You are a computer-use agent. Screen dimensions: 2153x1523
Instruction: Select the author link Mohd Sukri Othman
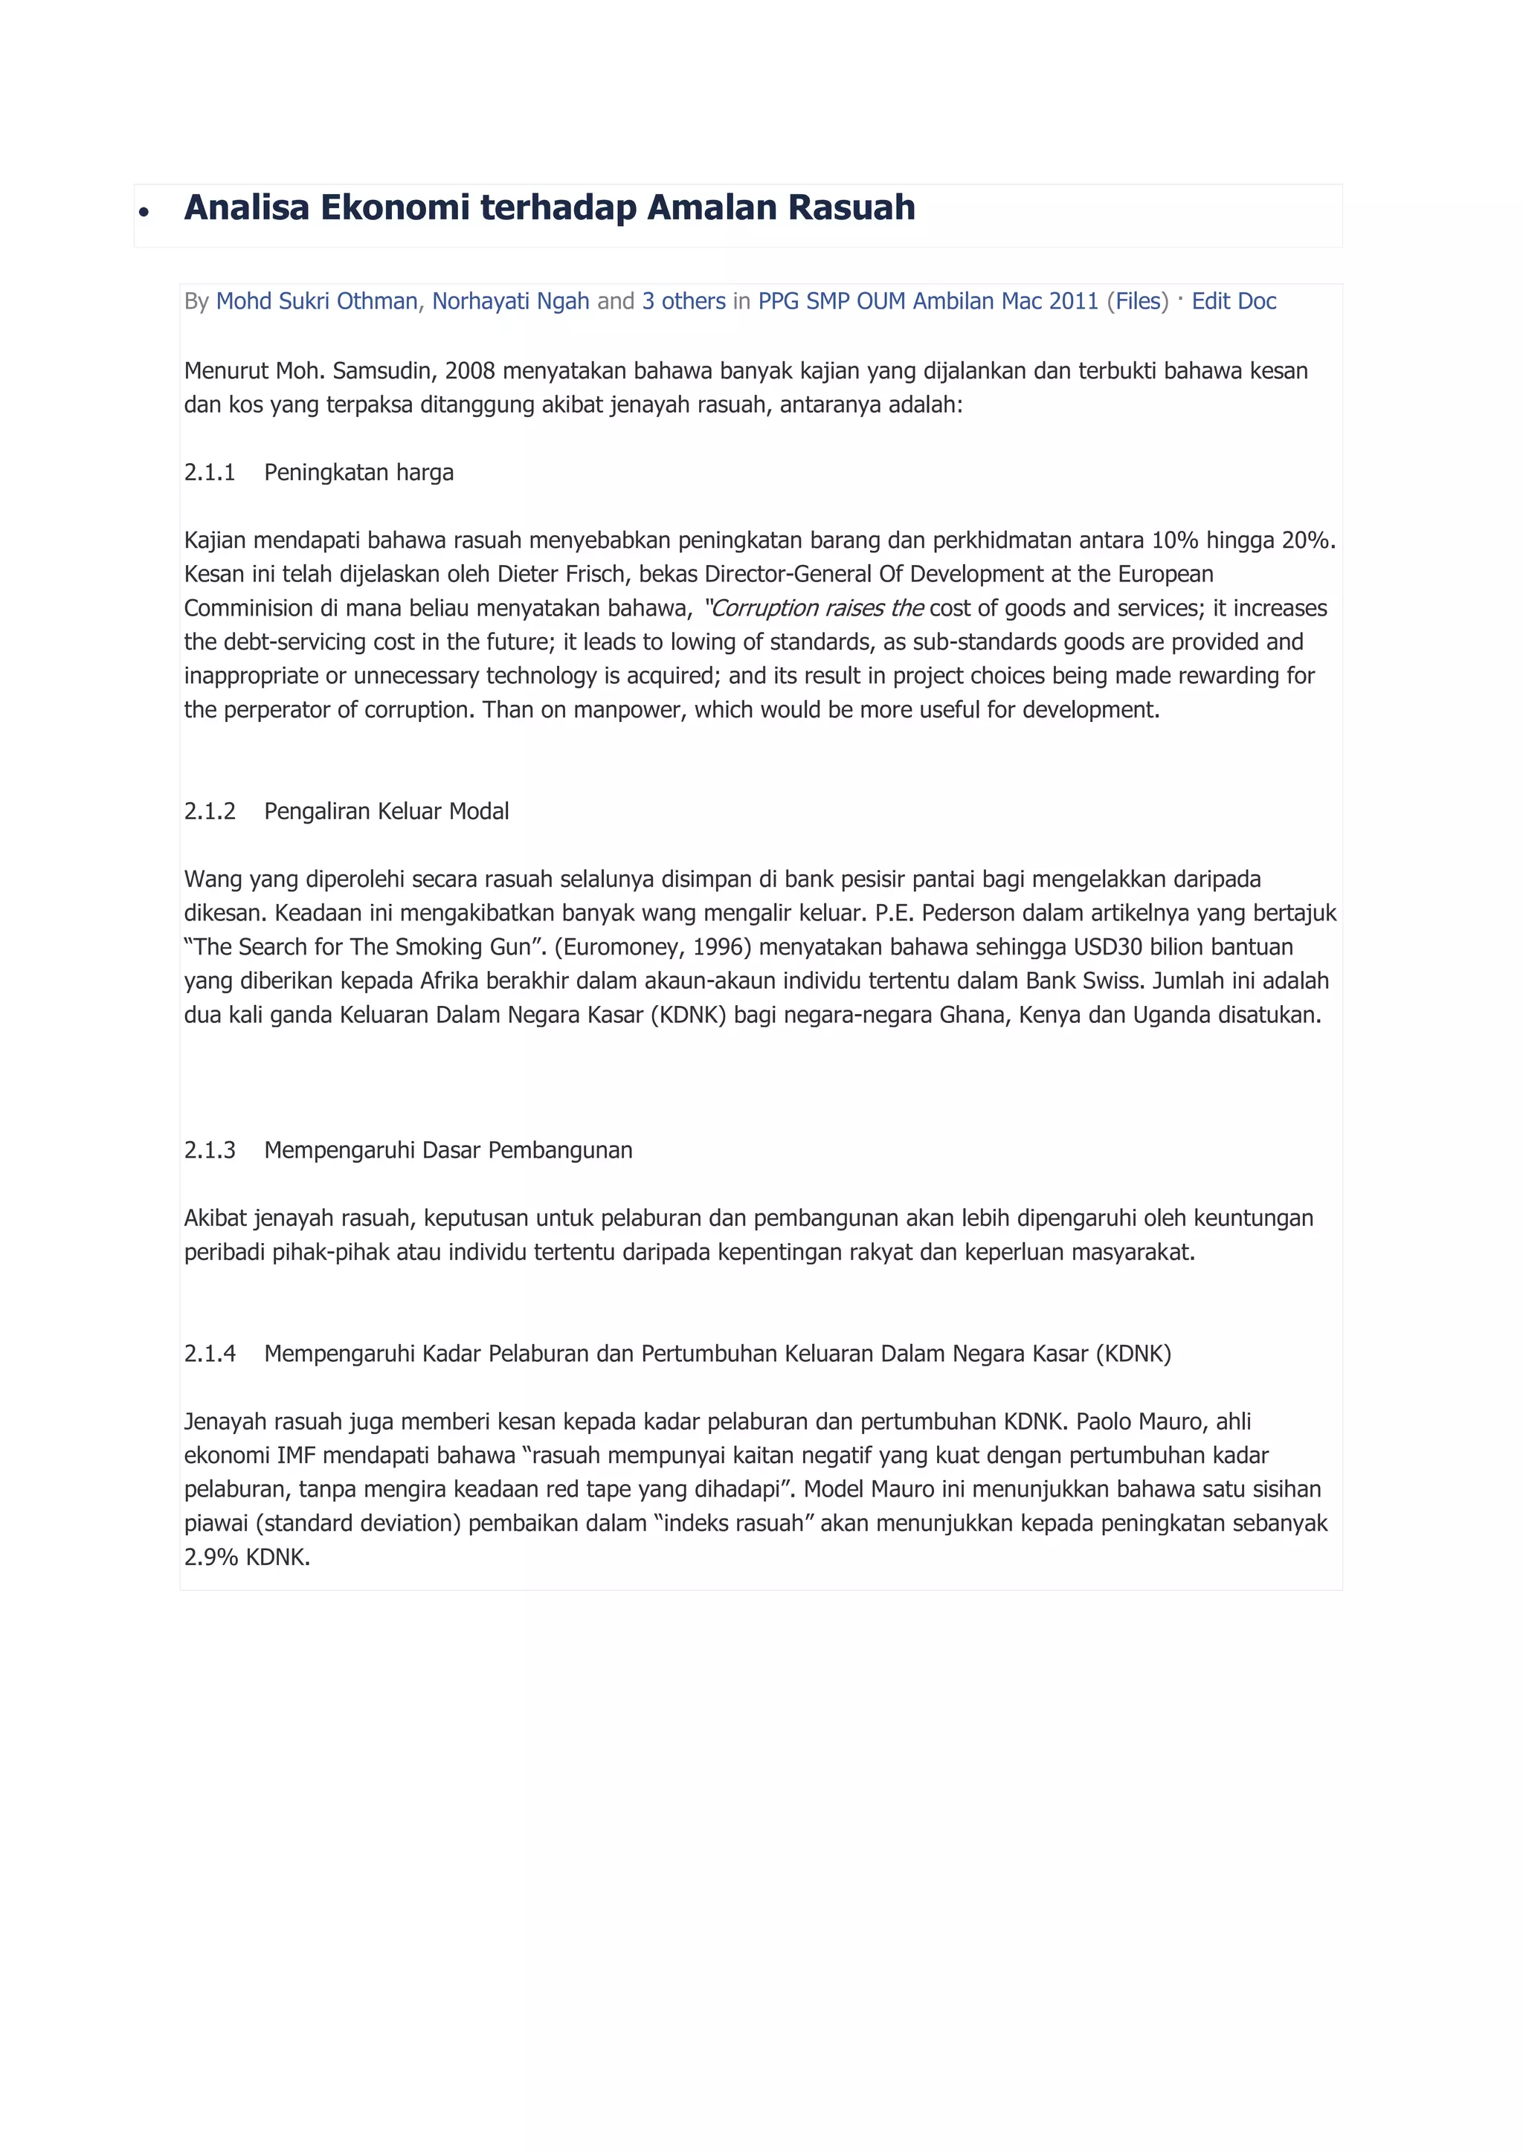[x=317, y=301]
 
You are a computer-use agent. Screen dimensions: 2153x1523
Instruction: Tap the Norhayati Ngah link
[x=510, y=301]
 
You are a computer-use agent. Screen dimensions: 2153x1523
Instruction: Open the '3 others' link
[x=683, y=301]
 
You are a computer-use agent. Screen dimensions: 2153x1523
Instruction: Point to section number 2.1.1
[x=209, y=473]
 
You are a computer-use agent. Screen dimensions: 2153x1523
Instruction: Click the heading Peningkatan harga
[x=358, y=473]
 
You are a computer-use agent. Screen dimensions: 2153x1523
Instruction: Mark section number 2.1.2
[x=209, y=811]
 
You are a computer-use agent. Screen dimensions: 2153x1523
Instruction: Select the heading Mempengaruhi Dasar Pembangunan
[x=448, y=1151]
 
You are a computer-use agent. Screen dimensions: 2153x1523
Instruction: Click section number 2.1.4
[x=209, y=1354]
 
